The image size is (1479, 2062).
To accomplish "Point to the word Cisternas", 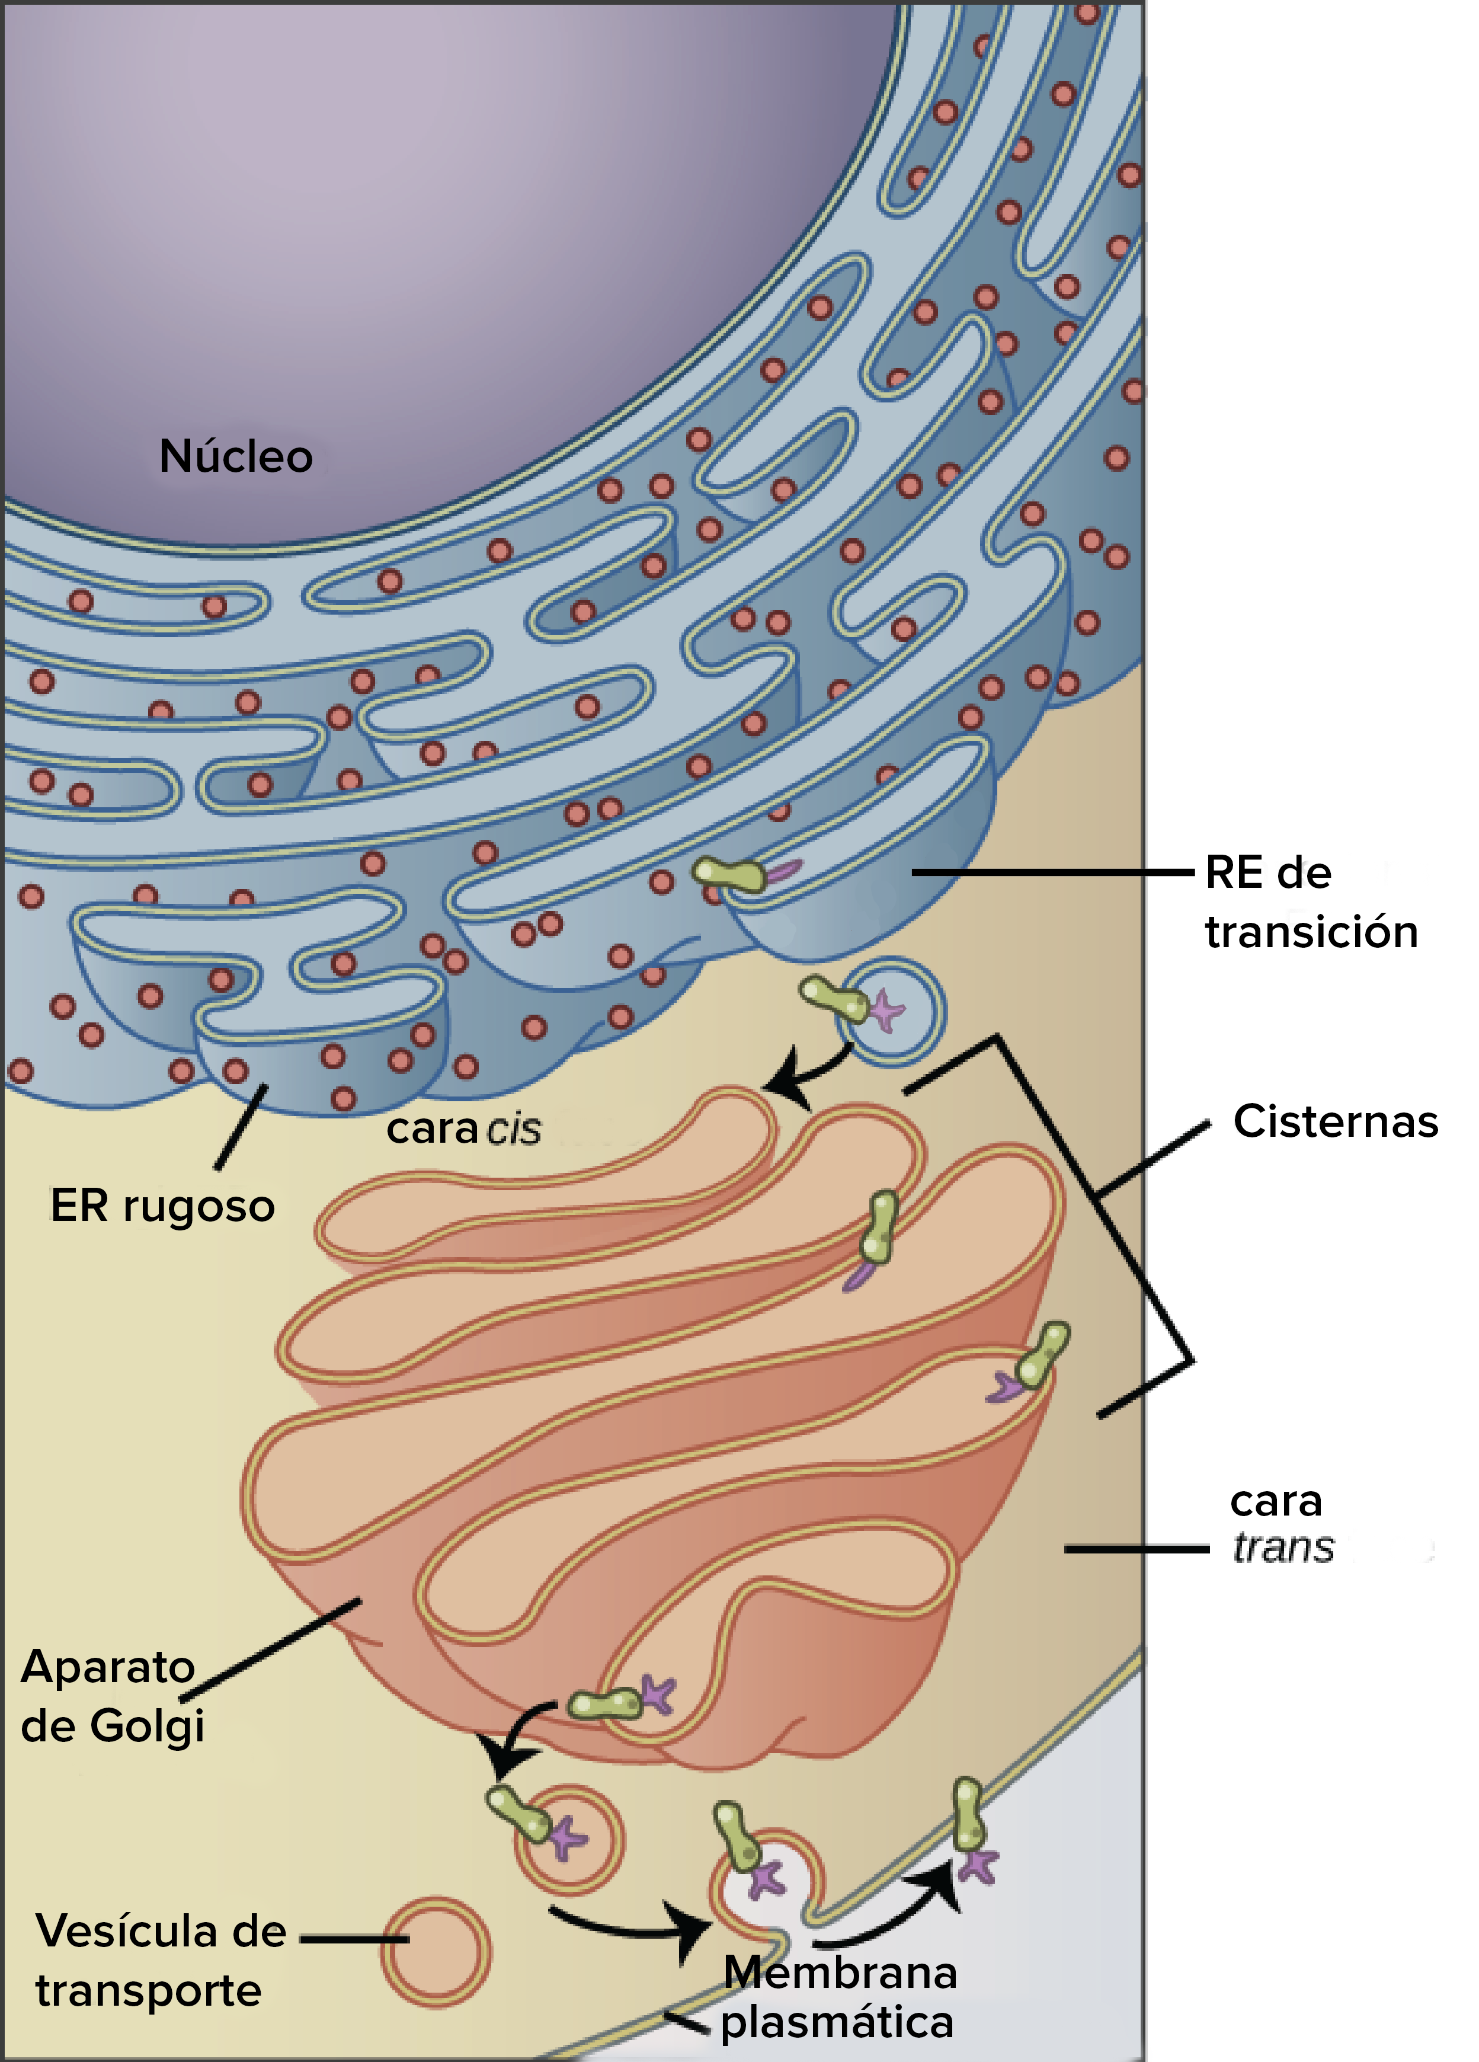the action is pos(1336,1121).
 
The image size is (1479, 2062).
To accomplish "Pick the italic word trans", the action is pos(1283,1548).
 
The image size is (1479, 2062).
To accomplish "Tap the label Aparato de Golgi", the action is pos(112,1696).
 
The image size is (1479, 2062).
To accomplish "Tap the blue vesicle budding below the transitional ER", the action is pos(891,1011).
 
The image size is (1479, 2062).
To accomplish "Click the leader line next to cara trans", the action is pos(1137,1548).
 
